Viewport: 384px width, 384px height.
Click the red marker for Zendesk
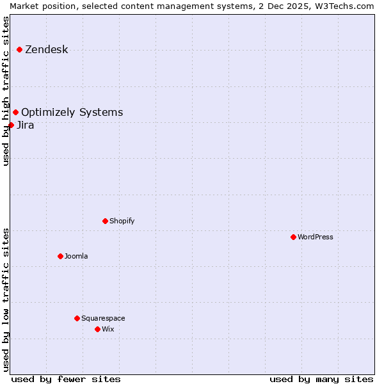coord(20,49)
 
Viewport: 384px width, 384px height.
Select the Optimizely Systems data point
coord(16,113)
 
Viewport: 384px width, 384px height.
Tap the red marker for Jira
coord(11,125)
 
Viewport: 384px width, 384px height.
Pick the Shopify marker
coord(106,221)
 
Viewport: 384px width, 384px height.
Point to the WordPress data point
coord(294,237)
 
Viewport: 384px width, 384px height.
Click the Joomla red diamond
coord(61,256)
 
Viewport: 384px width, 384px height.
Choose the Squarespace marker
coord(77,318)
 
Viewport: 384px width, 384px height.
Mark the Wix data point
coord(98,329)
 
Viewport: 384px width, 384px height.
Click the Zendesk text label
coord(46,50)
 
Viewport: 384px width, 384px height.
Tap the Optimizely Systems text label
coord(72,113)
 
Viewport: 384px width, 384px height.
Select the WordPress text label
coord(315,237)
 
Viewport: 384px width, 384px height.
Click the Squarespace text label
coord(103,318)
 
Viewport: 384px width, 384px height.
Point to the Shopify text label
coord(122,221)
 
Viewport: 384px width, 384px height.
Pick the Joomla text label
coord(76,256)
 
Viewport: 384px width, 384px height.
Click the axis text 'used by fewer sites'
coord(66,379)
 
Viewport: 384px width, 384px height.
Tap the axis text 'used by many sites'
coord(321,379)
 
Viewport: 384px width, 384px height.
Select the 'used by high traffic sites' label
coord(6,91)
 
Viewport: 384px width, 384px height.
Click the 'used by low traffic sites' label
coord(6,299)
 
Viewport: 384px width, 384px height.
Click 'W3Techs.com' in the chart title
coord(348,6)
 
